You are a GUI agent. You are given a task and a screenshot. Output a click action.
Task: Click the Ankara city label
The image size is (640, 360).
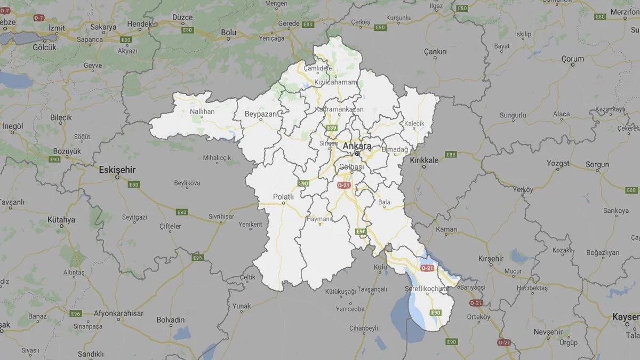[x=357, y=146]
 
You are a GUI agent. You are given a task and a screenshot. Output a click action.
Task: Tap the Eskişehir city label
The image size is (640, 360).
[x=117, y=170]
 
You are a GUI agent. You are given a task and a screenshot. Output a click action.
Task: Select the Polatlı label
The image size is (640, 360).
[x=283, y=197]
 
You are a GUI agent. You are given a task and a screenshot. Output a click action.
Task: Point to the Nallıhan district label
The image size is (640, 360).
[x=202, y=111]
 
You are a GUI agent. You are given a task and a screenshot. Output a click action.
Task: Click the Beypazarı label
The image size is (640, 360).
[x=261, y=114]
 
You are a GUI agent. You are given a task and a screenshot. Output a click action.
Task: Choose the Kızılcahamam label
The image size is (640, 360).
[x=334, y=82]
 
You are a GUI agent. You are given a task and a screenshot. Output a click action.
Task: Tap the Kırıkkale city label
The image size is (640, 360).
[x=424, y=160]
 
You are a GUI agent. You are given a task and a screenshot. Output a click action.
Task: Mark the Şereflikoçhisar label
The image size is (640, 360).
[x=426, y=289]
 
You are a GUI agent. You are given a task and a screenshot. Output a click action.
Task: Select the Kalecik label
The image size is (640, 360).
[x=414, y=123]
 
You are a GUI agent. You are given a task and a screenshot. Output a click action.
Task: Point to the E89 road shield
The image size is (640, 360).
[x=332, y=128]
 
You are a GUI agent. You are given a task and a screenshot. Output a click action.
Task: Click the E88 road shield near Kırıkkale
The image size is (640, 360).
[x=451, y=155]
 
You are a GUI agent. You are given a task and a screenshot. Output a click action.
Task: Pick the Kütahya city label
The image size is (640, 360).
[x=61, y=219]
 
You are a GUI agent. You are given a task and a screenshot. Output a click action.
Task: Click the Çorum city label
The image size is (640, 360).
[x=573, y=59]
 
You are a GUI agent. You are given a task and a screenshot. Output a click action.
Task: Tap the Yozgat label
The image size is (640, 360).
[x=558, y=163]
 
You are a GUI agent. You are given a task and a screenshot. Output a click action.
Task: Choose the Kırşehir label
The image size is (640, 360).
[x=491, y=258]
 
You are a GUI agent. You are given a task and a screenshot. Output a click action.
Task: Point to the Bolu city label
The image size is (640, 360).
[x=228, y=33]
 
